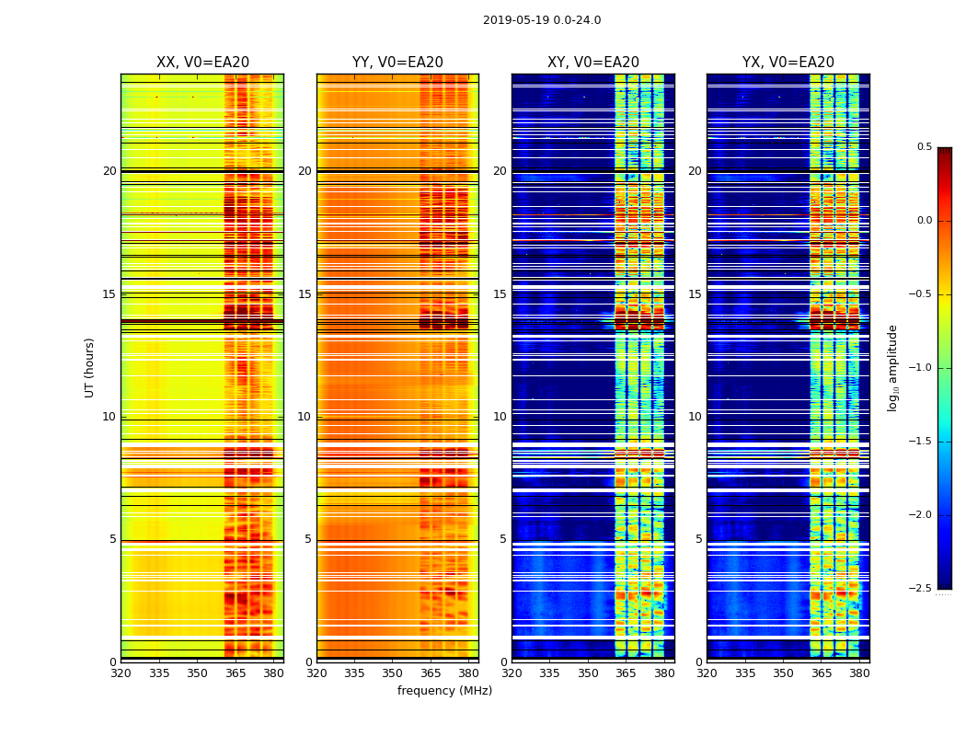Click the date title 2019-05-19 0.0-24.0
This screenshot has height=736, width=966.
(542, 20)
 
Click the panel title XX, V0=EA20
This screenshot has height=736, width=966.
(202, 63)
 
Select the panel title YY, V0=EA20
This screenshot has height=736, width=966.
(397, 63)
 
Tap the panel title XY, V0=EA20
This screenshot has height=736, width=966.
(593, 63)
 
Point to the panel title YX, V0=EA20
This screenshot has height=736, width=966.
(788, 63)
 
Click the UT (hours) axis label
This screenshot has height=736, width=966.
(89, 367)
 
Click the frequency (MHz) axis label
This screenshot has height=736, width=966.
(444, 691)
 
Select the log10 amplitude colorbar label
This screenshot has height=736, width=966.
(892, 367)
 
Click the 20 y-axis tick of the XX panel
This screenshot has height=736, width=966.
(109, 171)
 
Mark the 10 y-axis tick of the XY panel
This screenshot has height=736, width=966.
(500, 417)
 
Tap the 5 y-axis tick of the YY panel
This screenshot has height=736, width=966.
(308, 539)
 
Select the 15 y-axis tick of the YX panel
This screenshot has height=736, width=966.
(695, 294)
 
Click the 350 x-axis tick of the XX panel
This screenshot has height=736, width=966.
(197, 673)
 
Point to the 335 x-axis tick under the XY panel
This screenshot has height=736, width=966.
(549, 673)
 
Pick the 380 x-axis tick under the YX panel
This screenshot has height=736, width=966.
(859, 673)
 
